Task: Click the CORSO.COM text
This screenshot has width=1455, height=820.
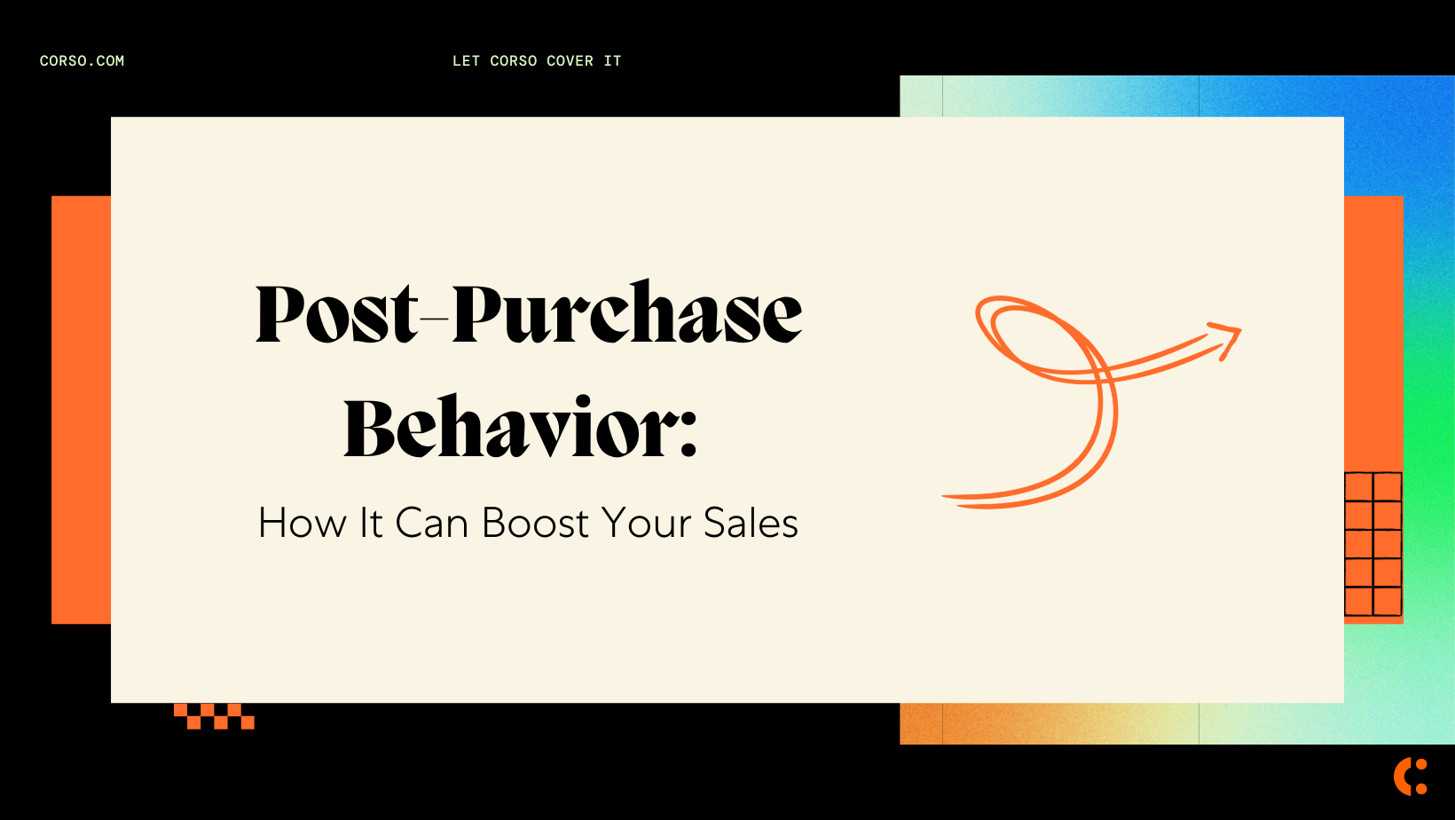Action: [82, 61]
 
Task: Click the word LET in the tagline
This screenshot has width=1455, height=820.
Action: [466, 61]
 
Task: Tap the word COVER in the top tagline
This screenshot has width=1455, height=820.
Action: [570, 61]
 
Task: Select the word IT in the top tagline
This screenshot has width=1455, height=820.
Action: [612, 61]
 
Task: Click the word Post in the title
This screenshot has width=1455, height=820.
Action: [336, 314]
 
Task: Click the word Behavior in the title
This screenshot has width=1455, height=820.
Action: [506, 429]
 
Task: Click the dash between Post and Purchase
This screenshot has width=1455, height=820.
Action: [435, 314]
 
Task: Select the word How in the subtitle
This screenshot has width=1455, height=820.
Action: [301, 524]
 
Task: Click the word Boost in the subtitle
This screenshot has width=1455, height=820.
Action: [535, 524]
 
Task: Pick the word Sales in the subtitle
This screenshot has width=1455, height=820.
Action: [751, 524]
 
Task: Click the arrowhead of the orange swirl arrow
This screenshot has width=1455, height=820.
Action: [1229, 336]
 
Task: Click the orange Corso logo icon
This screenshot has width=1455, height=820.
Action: [1410, 777]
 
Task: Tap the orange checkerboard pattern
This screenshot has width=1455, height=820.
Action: [214, 716]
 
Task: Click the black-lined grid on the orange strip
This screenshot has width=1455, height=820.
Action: [1372, 544]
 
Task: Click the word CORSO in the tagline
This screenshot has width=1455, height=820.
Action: [513, 61]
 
